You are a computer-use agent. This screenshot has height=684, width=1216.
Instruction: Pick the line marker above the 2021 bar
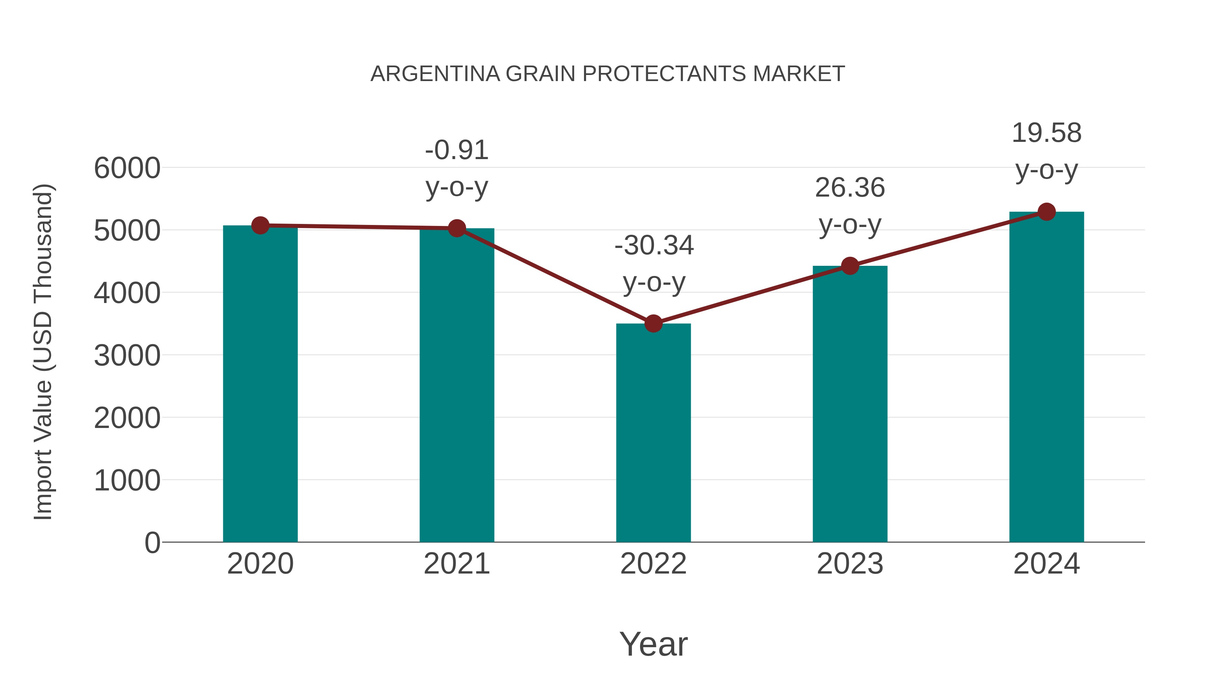coord(456,228)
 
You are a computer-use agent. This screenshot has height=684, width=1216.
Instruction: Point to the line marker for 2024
coord(1046,212)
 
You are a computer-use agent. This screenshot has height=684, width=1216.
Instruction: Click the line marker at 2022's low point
coord(653,324)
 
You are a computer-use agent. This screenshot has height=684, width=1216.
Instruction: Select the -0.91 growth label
coord(456,151)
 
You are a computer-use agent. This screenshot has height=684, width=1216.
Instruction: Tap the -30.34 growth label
coord(654,246)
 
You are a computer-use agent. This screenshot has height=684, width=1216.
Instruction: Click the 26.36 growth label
coord(850,188)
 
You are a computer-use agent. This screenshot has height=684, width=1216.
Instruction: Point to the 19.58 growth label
coord(1046,133)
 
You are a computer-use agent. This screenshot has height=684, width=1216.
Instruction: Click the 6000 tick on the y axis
coord(127,168)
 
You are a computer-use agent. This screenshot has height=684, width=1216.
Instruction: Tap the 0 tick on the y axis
coord(152,542)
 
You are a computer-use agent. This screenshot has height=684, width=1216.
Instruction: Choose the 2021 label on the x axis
coord(456,564)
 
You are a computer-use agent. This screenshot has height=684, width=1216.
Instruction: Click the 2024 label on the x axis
coord(1046,564)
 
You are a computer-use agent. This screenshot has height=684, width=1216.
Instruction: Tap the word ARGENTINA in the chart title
coord(435,74)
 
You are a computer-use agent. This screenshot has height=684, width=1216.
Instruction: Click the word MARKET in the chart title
coord(799,74)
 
